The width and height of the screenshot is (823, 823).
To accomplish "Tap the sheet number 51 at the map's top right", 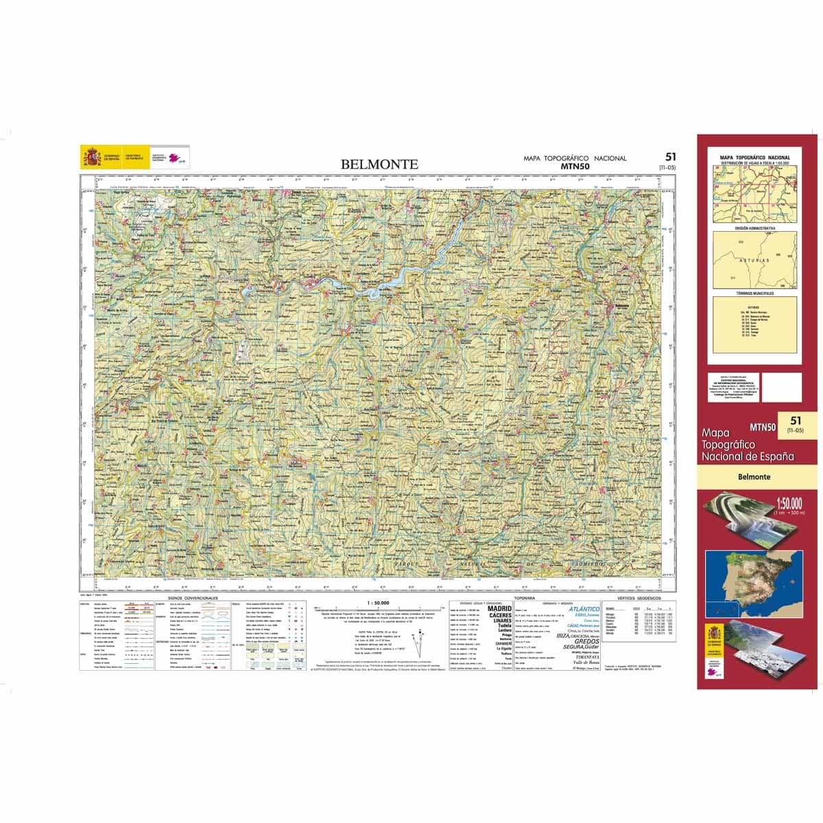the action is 670,157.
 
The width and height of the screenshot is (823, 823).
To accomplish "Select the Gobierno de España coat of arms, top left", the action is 93,157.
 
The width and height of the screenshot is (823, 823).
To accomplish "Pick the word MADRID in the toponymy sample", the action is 499,608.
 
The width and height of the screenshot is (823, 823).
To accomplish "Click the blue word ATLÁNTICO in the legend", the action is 584,608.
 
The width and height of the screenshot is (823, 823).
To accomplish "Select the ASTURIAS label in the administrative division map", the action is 754,261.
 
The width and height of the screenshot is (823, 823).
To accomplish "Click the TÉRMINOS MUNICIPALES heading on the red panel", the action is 754,293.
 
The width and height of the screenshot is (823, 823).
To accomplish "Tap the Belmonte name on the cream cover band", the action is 754,477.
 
